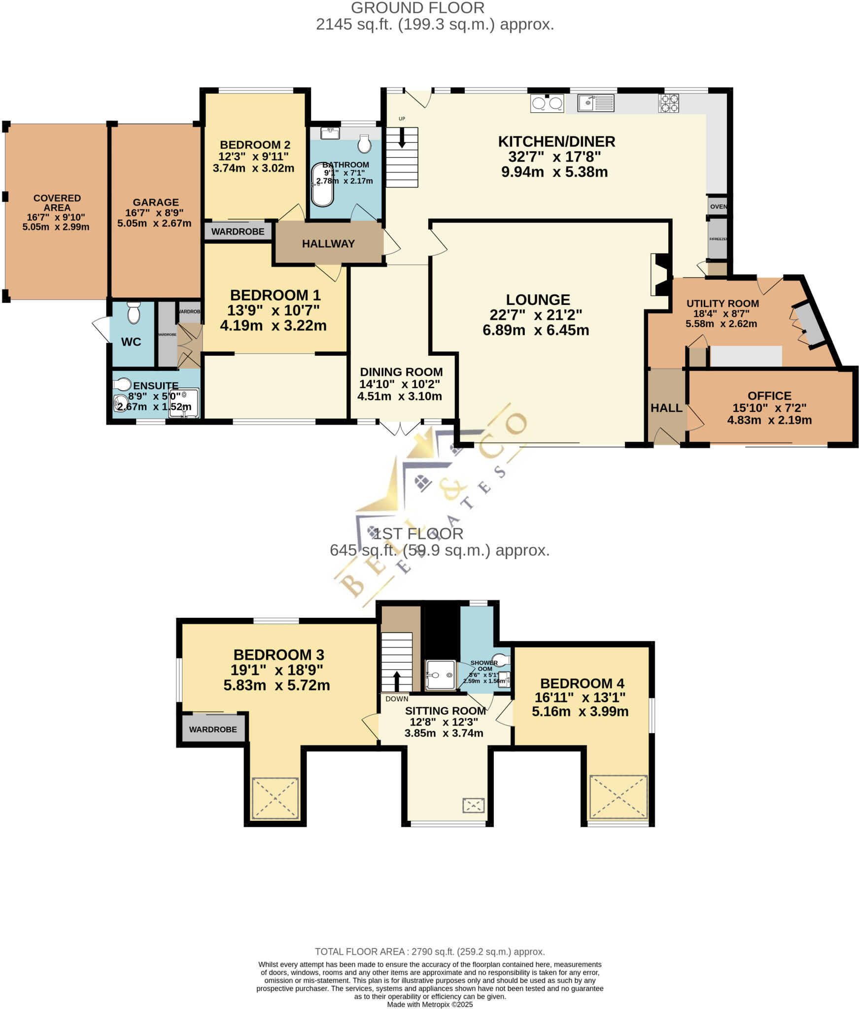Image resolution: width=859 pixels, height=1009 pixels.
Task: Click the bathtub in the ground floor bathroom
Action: (322, 184)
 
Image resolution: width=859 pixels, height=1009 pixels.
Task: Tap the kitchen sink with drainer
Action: (596, 103)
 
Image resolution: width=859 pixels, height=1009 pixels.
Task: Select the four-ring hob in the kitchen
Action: (669, 103)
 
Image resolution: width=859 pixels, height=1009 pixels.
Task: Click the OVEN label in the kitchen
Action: (718, 206)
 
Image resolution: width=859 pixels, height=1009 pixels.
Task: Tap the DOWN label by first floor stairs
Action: (397, 699)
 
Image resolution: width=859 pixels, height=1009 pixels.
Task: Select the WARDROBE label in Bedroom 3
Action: (213, 729)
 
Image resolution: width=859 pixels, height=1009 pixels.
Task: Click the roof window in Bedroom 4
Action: (618, 797)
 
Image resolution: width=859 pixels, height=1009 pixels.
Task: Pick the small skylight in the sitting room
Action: (473, 806)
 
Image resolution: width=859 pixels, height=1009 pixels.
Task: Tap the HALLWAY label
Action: (328, 243)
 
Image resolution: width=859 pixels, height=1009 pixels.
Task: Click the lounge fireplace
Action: (660, 274)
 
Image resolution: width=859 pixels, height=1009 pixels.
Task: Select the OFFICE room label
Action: (769, 396)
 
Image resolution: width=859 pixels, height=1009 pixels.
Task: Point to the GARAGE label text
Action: (156, 202)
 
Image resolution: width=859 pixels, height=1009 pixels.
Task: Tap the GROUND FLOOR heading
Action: (417, 8)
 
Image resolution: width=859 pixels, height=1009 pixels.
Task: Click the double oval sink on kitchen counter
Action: (547, 103)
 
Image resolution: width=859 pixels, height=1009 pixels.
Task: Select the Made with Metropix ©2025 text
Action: (430, 1004)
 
